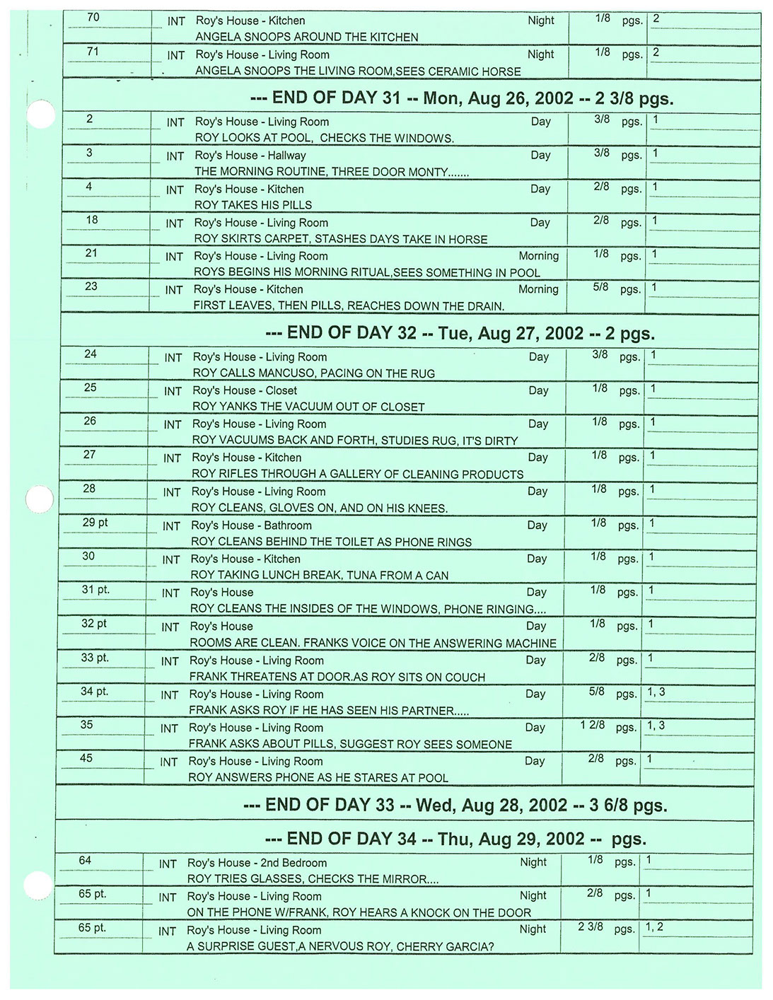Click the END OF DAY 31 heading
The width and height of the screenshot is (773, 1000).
click(x=461, y=98)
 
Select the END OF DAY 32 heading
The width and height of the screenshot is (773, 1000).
click(x=460, y=333)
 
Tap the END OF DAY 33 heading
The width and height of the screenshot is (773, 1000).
click(x=454, y=805)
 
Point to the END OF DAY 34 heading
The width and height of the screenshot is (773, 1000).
click(x=455, y=839)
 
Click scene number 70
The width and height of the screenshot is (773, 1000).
click(x=93, y=17)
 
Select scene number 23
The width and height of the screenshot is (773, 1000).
click(x=91, y=286)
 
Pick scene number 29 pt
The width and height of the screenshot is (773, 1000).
click(x=95, y=523)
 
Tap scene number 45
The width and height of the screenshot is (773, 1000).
click(x=86, y=758)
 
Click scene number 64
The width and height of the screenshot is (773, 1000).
click(x=85, y=860)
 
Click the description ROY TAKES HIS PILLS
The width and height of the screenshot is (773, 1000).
click(x=253, y=205)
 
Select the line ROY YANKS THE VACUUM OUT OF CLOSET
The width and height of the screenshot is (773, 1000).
click(x=308, y=407)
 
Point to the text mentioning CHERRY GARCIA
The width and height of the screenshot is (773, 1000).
click(x=340, y=946)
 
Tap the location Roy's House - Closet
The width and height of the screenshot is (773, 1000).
click(x=245, y=390)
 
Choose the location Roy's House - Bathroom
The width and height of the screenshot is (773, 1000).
click(x=251, y=525)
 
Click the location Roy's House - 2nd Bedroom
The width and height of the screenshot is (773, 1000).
click(x=257, y=863)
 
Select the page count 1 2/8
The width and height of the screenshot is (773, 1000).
click(x=592, y=725)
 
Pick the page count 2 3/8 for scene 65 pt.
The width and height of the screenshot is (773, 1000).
click(x=591, y=926)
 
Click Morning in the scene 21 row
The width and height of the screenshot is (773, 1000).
click(x=538, y=256)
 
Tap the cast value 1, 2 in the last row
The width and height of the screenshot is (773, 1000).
click(x=654, y=926)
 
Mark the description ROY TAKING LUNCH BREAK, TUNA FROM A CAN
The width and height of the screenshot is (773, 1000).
click(x=320, y=575)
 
